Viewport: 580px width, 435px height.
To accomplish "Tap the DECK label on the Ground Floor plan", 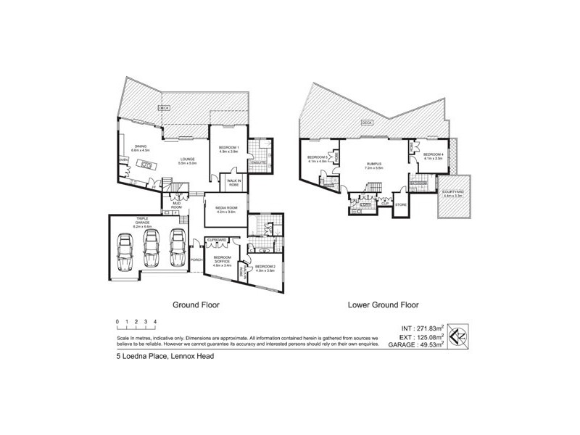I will click(x=164, y=108).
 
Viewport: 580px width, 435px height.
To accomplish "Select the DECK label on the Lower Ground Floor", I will click(x=367, y=123).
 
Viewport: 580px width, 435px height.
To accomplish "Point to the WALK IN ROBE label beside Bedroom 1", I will click(x=234, y=183).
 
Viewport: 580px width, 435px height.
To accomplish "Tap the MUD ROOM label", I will click(x=176, y=205).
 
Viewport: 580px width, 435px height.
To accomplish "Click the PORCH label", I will click(x=195, y=260).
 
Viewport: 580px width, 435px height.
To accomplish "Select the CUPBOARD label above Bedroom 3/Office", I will click(x=217, y=240).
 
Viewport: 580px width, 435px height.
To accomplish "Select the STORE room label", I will click(x=400, y=204).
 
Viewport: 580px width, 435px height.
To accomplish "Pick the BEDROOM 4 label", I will click(x=433, y=154).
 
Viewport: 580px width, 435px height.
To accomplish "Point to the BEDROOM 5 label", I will click(x=317, y=158).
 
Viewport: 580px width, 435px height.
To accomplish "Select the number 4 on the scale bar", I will click(x=155, y=321).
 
